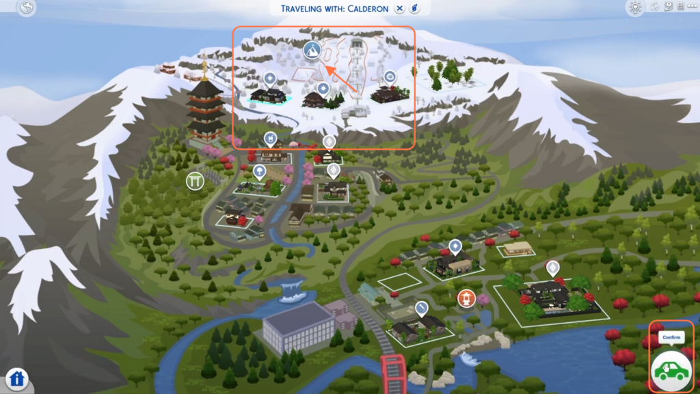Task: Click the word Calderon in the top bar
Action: click(367, 8)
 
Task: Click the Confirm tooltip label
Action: click(671, 337)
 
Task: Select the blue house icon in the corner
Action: click(17, 379)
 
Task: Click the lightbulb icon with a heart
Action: click(635, 8)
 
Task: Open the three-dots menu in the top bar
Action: click(692, 6)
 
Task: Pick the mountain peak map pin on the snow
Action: click(312, 51)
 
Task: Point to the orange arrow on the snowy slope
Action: click(341, 79)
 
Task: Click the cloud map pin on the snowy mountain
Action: click(390, 78)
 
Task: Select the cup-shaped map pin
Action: click(270, 139)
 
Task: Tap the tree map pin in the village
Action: click(259, 172)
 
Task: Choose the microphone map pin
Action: click(421, 308)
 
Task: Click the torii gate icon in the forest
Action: click(195, 181)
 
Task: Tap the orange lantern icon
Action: click(466, 298)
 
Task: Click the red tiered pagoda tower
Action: click(205, 107)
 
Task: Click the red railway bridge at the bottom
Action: click(393, 373)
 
